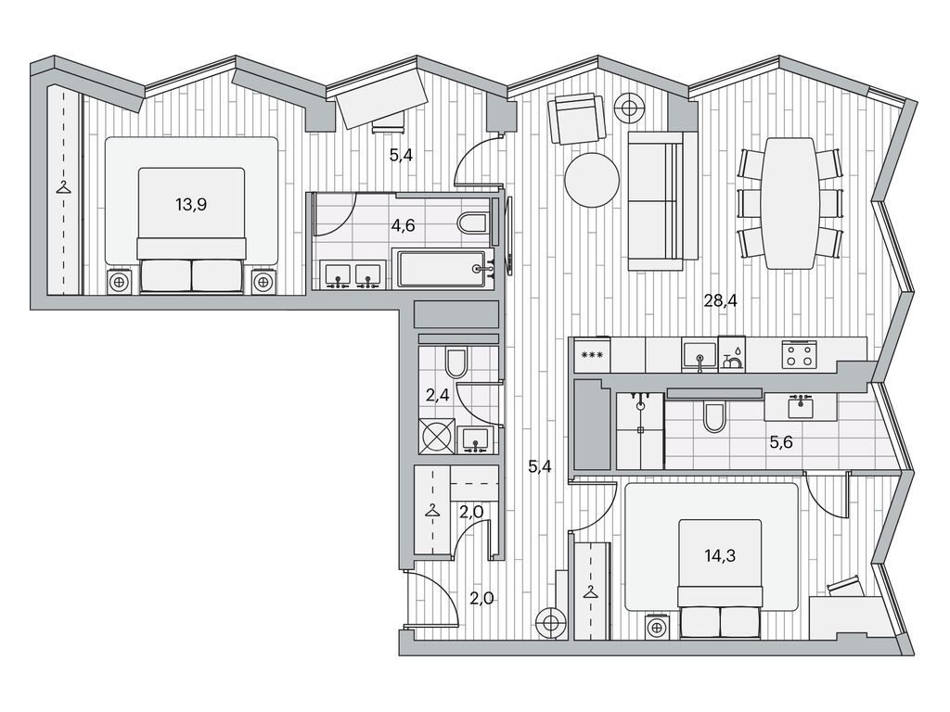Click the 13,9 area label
click(191, 205)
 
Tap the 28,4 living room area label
click(720, 300)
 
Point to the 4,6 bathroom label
click(403, 226)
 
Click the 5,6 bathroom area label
click(781, 442)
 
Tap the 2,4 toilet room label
click(438, 395)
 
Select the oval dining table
click(790, 203)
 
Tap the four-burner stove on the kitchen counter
click(799, 354)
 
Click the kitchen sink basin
click(700, 355)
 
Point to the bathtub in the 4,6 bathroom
click(446, 270)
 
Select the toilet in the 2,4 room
click(456, 362)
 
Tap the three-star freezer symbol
click(592, 355)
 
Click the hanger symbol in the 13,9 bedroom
click(63, 187)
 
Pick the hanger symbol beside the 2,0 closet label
click(431, 510)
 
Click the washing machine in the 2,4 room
click(436, 436)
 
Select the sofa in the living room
click(656, 200)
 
